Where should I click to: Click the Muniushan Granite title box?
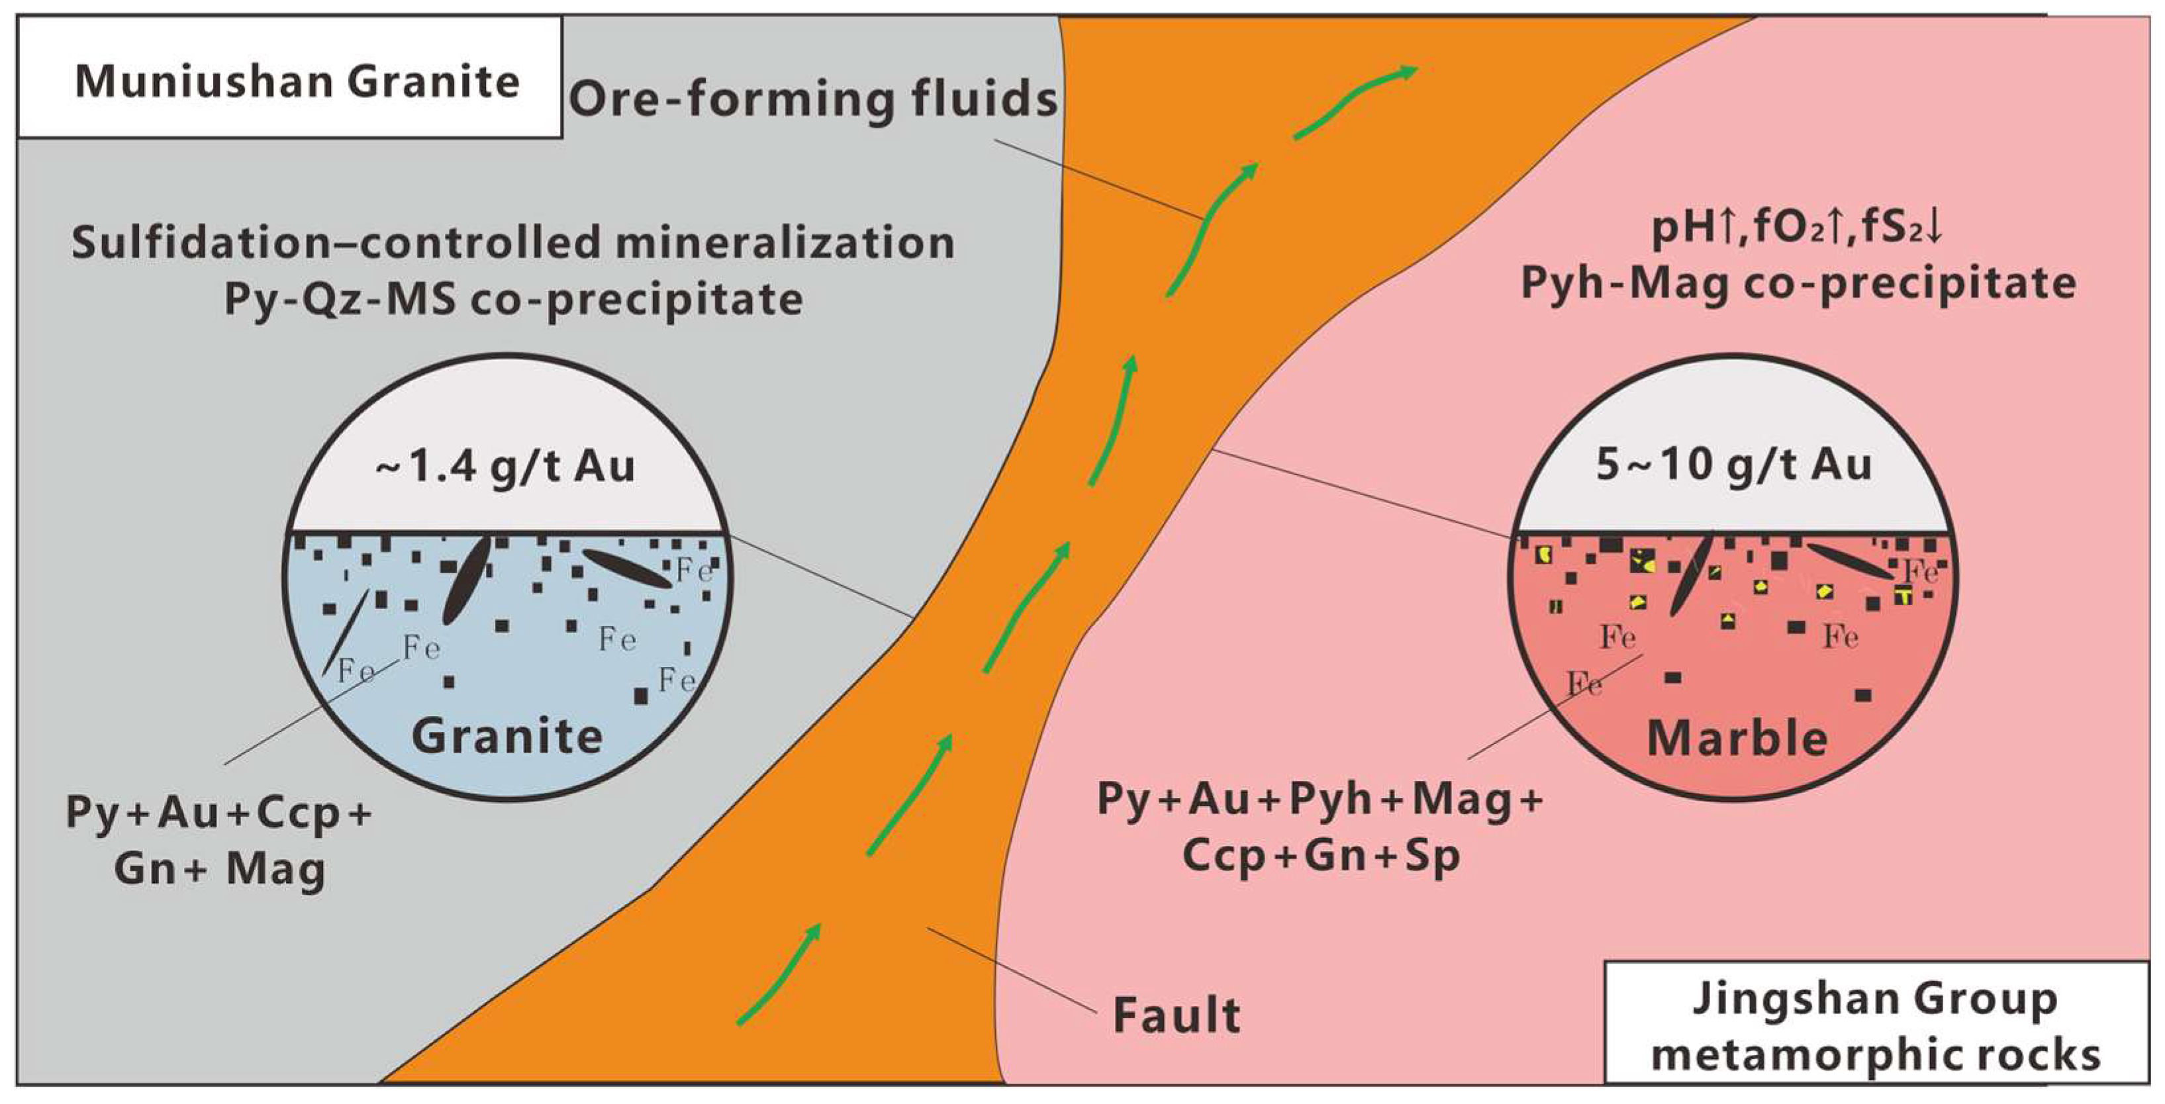point(290,77)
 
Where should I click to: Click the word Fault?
point(1176,1015)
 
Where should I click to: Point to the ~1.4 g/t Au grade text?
point(505,467)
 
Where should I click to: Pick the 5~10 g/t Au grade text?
point(1734,465)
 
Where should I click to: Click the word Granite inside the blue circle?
point(506,737)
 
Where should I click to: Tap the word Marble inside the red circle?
point(1737,739)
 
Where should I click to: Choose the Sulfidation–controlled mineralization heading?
point(512,243)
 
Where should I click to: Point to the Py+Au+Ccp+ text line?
point(219,813)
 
